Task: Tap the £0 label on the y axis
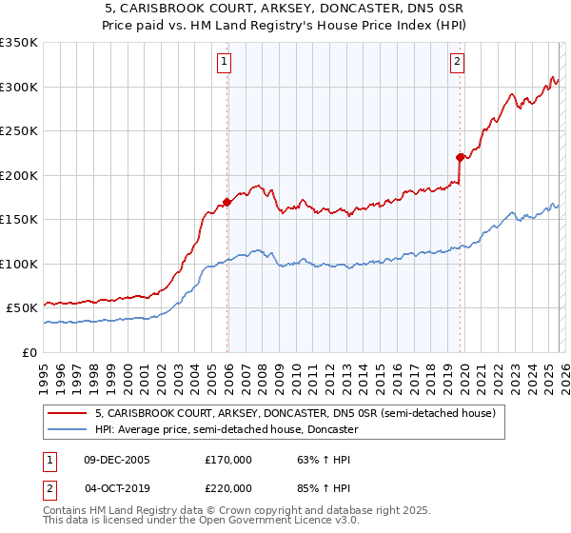click(x=28, y=352)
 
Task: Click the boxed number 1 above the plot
click(x=224, y=62)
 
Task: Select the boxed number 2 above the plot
click(x=457, y=62)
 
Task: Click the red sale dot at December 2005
click(x=227, y=202)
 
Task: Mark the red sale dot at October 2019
click(x=460, y=157)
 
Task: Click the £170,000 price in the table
click(x=228, y=460)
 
